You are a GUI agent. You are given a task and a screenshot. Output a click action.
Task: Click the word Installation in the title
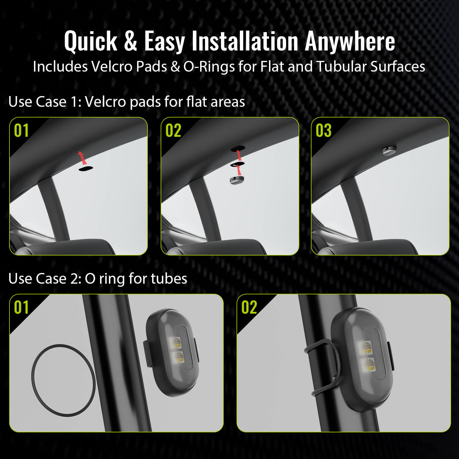(245, 41)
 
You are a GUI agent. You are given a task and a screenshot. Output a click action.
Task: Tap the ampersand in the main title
(131, 41)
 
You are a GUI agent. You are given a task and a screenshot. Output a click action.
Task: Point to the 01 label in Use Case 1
(21, 130)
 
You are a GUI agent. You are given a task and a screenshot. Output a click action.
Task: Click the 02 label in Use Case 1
(173, 130)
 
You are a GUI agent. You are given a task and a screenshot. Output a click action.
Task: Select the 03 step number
(323, 130)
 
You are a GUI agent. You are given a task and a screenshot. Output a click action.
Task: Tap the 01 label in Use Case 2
(21, 307)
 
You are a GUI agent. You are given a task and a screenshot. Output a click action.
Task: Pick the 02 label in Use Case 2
(249, 307)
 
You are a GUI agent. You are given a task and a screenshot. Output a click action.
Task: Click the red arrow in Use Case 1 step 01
(82, 157)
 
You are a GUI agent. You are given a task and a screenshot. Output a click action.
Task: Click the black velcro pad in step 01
(86, 169)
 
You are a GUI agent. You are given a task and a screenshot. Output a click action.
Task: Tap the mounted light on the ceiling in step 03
(390, 150)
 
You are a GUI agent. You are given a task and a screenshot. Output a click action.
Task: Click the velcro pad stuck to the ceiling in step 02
(238, 148)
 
